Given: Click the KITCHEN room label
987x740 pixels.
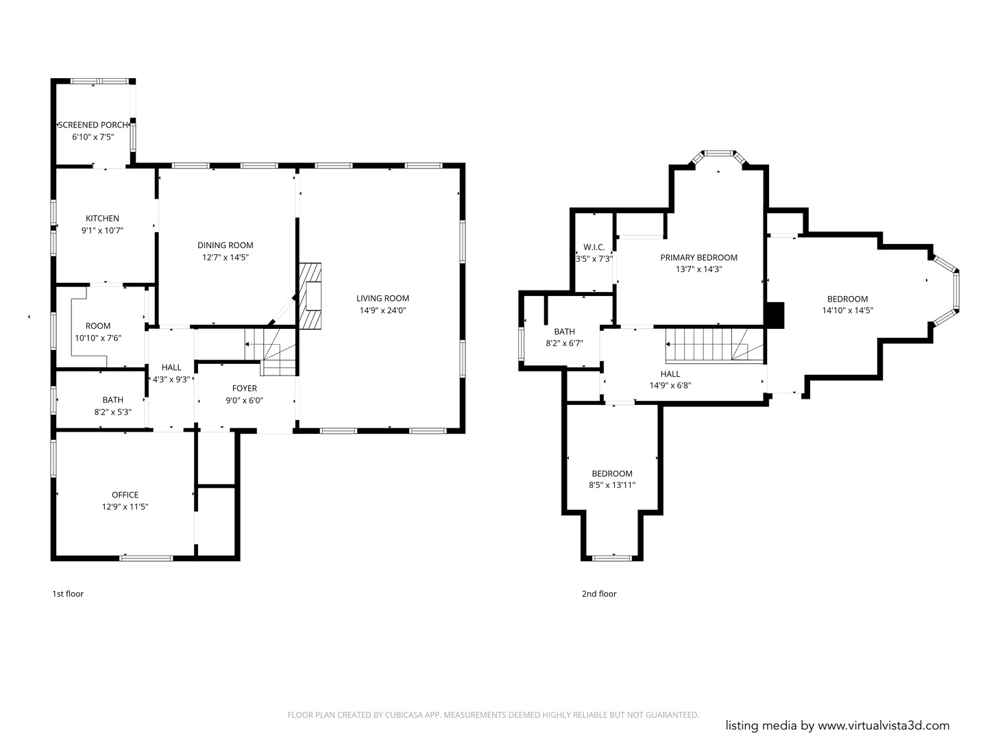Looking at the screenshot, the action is coord(103,219).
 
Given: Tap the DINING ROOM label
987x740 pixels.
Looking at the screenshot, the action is coord(226,245).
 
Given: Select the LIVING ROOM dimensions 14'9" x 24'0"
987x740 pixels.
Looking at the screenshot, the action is coord(382,310).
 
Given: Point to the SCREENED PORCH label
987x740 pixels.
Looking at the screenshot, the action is coord(93,125).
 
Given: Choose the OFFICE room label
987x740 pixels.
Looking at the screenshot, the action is coord(125,495).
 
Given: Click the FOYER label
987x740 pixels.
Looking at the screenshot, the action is coord(245,388).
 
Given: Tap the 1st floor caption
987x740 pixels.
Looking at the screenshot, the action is coord(68,594).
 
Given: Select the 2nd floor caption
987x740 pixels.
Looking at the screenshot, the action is coord(599,594).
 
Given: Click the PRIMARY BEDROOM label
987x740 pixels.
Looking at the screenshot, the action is coord(698,258).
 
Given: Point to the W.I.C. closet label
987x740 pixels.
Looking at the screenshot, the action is coord(594,247).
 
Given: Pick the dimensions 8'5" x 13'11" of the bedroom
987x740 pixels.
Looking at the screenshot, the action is coord(612,485).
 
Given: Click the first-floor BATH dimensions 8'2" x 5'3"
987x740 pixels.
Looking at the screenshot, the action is coord(113,412).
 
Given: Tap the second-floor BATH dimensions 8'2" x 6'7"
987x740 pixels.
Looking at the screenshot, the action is coord(564,344).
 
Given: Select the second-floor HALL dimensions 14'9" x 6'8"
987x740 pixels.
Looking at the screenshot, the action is coord(670,386).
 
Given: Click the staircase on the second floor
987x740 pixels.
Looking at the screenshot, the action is coord(714,345).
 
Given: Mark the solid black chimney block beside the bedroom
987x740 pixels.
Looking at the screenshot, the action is coord(775,315).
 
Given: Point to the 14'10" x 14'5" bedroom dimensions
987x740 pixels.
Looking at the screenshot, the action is coord(848,310).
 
